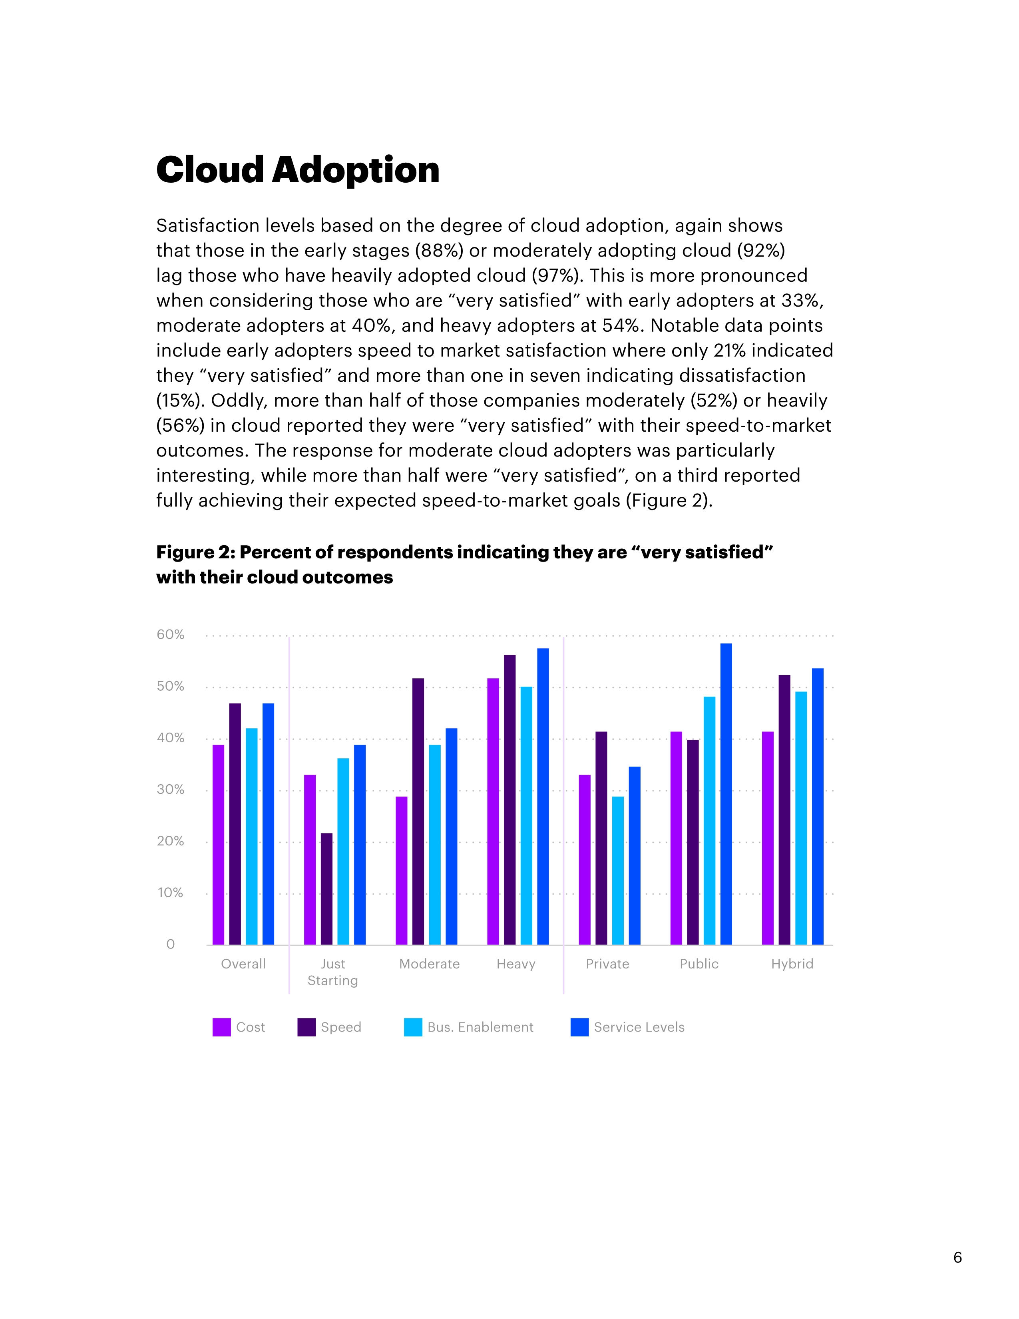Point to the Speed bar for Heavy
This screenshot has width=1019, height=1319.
click(509, 800)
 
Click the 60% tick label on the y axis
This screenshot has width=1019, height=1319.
click(170, 635)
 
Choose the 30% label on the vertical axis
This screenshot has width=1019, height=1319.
click(170, 789)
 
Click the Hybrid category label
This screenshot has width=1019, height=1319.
click(792, 964)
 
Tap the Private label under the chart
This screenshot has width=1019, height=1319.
click(607, 964)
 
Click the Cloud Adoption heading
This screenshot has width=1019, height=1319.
click(298, 170)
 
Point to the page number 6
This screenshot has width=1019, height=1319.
click(957, 1257)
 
